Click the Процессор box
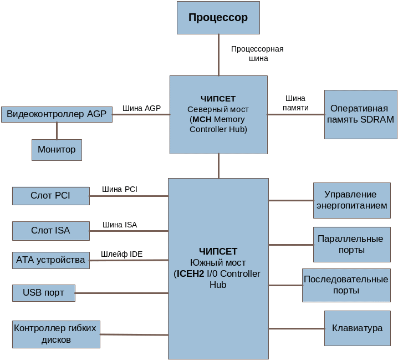[x=218, y=18]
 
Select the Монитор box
[x=57, y=150]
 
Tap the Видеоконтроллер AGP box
[x=57, y=115]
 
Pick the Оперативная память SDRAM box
[x=360, y=114]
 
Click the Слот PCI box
[x=50, y=196]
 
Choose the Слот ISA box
[x=50, y=230]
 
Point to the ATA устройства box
[x=50, y=260]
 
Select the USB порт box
[x=43, y=293]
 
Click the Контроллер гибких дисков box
[x=56, y=334]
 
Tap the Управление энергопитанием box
[x=351, y=200]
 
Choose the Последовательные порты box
[x=346, y=285]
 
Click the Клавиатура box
[x=357, y=328]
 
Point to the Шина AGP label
[x=141, y=108]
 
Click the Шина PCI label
[x=119, y=190]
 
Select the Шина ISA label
[x=120, y=225]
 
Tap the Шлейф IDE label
[x=122, y=254]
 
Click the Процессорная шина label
[x=257, y=53]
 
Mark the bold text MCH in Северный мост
[x=202, y=119]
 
